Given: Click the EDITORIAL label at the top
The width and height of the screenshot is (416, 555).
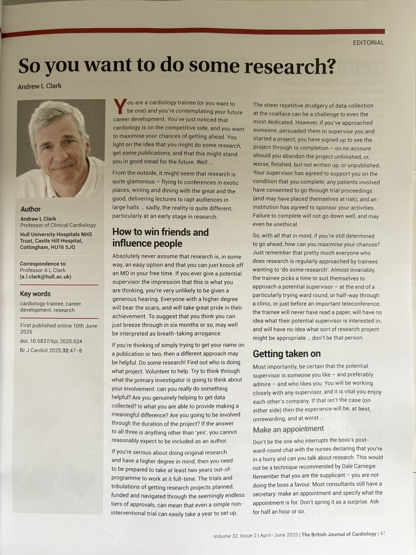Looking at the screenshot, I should pos(368,43).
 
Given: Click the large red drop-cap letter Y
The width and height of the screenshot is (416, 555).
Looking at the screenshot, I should pos(119,107).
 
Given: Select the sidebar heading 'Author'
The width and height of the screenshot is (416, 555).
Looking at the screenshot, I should pos(31,209).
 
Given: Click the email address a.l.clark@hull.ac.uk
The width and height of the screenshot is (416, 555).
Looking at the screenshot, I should pos(46,277).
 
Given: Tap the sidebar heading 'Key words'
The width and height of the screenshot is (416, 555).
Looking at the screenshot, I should pos(35,294).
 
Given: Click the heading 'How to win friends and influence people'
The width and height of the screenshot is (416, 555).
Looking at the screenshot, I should pos(160,237).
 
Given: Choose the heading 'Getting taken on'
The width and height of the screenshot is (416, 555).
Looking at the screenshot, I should pos(287,354).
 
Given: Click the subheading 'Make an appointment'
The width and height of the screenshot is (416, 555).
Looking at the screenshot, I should pos(288,429).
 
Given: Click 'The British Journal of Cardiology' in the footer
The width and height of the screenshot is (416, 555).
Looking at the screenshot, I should pos(338,535).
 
